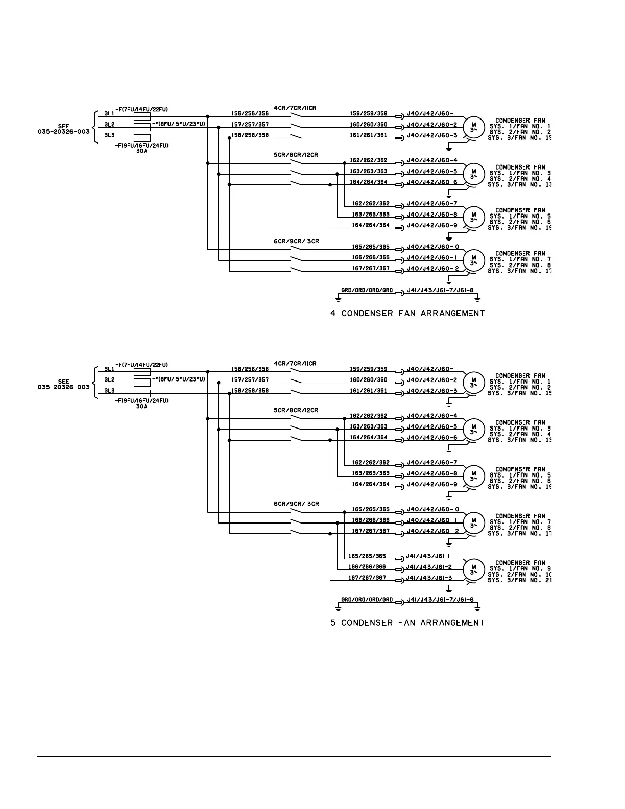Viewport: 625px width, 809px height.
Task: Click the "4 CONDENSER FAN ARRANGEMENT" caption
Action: [x=407, y=313]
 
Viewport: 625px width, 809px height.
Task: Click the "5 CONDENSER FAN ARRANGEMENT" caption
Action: [x=407, y=623]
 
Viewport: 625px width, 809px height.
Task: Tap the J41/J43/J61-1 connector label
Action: [x=429, y=556]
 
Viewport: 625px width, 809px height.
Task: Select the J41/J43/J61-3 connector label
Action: [x=429, y=578]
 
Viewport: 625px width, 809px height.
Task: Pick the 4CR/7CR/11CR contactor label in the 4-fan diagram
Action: [x=295, y=108]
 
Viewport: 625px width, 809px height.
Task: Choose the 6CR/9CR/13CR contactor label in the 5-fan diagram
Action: [x=296, y=504]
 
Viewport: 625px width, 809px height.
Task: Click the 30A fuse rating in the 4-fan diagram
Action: [x=142, y=151]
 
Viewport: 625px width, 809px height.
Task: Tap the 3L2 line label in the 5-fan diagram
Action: [x=109, y=380]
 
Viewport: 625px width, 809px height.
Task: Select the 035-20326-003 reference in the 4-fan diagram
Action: [x=63, y=132]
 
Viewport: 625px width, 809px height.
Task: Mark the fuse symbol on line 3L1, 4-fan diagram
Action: [x=141, y=116]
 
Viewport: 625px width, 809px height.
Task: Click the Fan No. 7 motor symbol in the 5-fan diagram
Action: [x=473, y=521]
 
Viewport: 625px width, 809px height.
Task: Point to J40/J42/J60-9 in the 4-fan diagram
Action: [x=432, y=225]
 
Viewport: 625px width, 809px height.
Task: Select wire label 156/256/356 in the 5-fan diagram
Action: [x=250, y=369]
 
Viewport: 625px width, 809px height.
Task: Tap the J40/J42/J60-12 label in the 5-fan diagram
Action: [x=433, y=531]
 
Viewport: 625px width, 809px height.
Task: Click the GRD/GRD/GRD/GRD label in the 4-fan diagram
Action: [x=367, y=290]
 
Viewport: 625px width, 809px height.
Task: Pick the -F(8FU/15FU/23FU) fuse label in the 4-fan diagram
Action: [x=178, y=124]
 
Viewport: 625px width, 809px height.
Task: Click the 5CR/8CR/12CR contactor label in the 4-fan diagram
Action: [x=296, y=154]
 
